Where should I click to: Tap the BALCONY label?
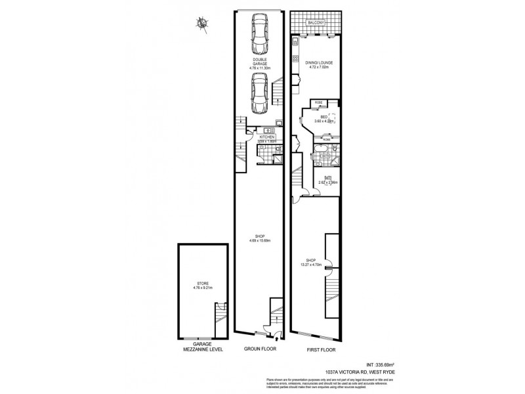[316, 23]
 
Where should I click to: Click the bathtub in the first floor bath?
[318, 156]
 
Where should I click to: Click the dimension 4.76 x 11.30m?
[259, 68]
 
